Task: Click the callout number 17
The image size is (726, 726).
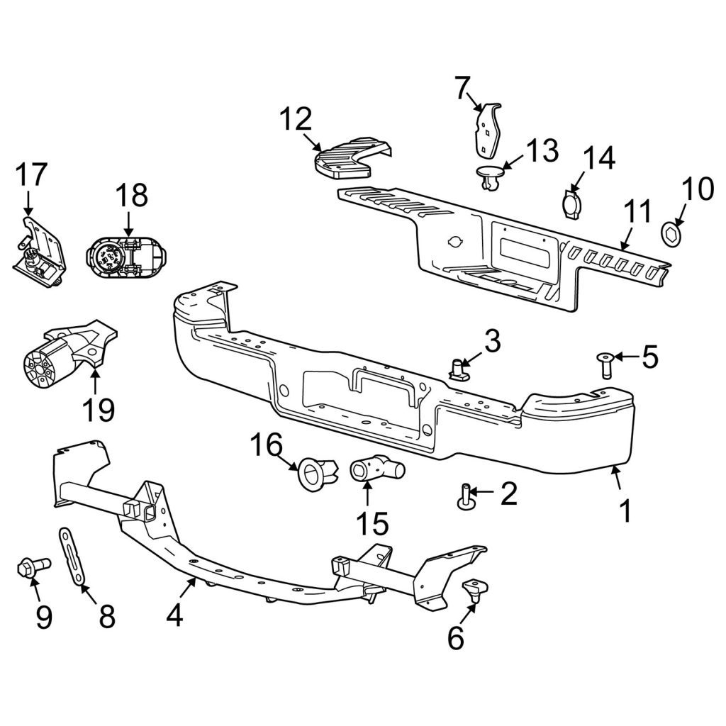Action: point(31,174)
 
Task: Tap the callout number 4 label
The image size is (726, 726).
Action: point(174,615)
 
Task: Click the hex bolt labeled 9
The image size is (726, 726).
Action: point(34,566)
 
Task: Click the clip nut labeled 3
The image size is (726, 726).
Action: point(459,369)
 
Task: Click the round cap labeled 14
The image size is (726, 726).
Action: point(571,203)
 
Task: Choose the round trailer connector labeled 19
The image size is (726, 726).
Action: point(69,352)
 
